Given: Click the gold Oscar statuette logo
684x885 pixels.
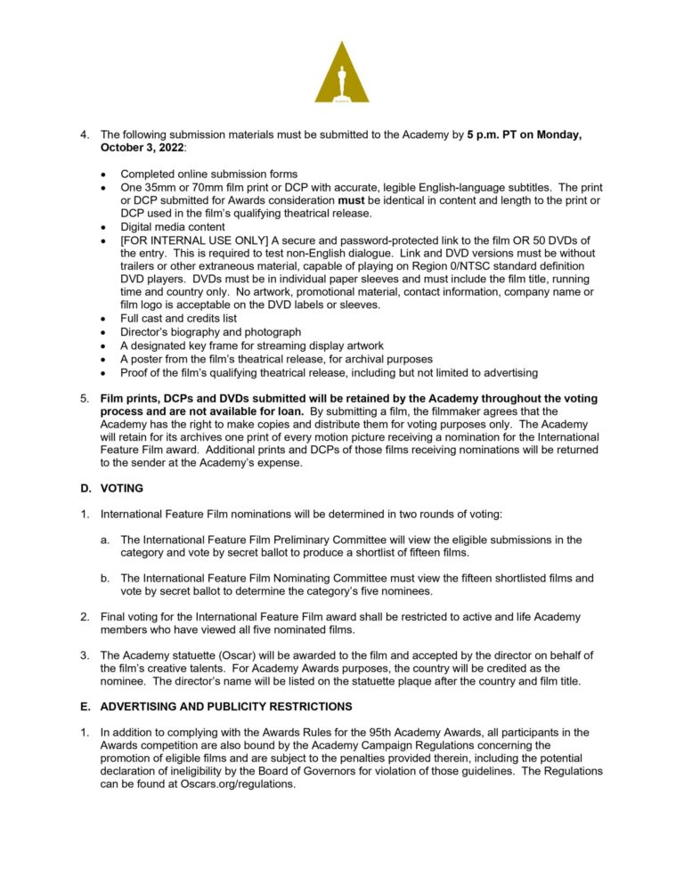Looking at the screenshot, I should coord(342,73).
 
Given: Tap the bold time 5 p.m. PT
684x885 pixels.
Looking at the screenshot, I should coord(496,134).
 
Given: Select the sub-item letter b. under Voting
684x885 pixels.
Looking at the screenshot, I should coord(106,578).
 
